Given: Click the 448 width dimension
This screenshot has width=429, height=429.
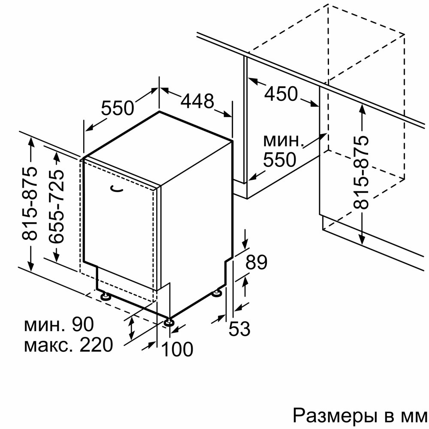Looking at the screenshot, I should coord(197,101).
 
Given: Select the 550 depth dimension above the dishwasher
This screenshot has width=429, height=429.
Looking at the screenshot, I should coord(118,108).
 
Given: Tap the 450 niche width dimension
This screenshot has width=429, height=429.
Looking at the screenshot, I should coord(281,94).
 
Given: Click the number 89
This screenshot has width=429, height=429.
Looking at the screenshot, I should coord(257,263).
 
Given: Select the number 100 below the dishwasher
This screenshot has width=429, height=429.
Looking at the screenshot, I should coord(178,350).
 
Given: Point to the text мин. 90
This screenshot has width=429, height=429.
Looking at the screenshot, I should coord(58,325).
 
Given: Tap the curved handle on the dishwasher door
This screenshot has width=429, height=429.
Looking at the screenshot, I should coord(116,187).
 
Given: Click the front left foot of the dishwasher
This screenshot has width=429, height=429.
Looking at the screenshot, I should coord(104,296).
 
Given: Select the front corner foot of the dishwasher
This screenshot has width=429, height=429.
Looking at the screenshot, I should coord(170,322).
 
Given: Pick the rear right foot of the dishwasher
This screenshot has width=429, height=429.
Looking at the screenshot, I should coord(218,293).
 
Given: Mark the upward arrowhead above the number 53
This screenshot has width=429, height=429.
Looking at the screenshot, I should coord(245,281).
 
